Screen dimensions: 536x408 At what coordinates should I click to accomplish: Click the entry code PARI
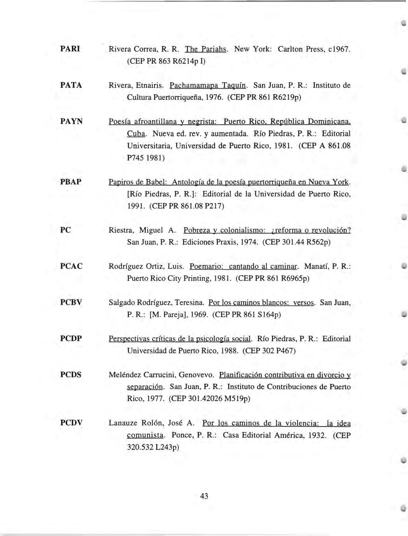[x=70, y=49]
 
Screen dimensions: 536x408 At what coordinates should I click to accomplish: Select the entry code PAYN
[x=71, y=121]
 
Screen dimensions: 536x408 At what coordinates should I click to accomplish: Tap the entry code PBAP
[x=71, y=182]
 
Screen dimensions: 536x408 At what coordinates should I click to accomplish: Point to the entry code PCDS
[x=71, y=375]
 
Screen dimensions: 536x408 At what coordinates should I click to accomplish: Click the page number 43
[x=204, y=496]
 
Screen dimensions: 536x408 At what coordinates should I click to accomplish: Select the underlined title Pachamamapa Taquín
[x=208, y=86]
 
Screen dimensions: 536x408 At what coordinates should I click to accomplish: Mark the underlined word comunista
[x=145, y=435]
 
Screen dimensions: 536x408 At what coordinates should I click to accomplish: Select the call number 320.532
[x=140, y=447]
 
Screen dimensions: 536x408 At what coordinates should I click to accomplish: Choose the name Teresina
[x=190, y=303]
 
